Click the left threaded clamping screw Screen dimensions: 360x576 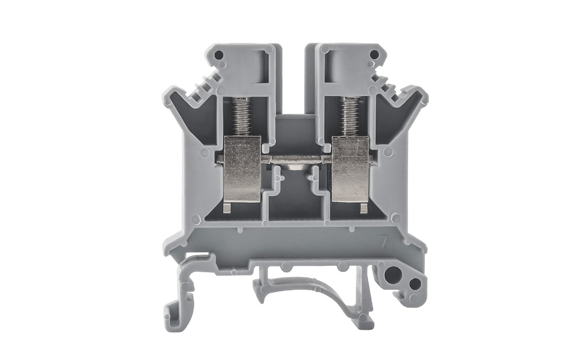(241, 116)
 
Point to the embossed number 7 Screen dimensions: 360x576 (382, 242)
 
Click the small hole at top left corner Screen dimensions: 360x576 (218, 55)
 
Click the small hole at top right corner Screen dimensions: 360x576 (374, 55)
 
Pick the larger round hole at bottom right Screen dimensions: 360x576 (393, 275)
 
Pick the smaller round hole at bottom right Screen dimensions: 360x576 (414, 284)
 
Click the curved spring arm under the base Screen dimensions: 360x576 (306, 288)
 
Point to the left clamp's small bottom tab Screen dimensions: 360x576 (227, 207)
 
